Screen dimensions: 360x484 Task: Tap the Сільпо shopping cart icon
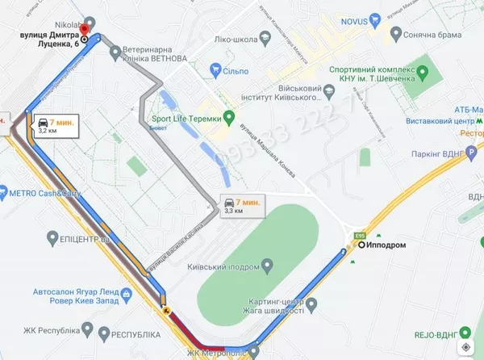(x=215, y=71)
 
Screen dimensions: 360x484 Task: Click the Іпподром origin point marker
(x=361, y=245)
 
